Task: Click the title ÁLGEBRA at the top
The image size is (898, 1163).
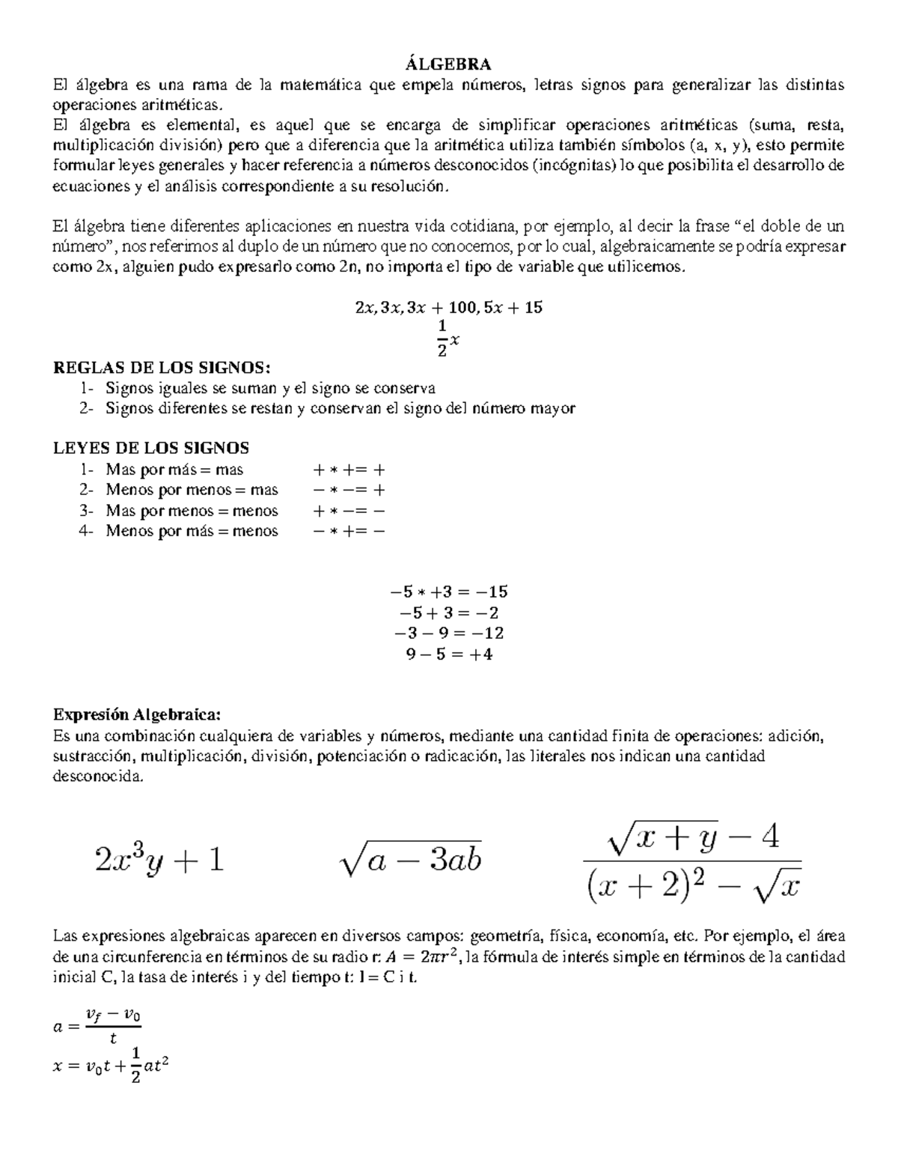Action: click(x=449, y=64)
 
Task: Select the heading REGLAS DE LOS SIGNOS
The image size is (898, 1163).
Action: click(x=160, y=368)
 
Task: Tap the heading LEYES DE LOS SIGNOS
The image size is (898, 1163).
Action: click(x=151, y=448)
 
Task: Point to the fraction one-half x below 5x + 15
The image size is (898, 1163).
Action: click(x=448, y=338)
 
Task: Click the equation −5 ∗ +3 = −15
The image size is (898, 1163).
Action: click(x=449, y=592)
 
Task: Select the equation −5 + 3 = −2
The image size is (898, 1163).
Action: click(x=449, y=613)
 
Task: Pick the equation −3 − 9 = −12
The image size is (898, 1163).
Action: click(x=449, y=633)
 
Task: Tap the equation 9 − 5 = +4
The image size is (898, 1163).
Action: click(x=449, y=654)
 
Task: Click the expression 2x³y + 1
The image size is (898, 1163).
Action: click(x=159, y=860)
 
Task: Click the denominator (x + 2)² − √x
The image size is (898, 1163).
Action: click(x=692, y=887)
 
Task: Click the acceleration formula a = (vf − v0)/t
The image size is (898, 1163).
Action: click(x=98, y=1027)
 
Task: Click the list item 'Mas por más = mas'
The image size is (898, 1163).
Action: click(x=174, y=470)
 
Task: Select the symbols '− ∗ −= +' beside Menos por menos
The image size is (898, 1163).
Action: click(x=349, y=491)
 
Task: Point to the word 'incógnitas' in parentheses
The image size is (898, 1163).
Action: click(x=576, y=166)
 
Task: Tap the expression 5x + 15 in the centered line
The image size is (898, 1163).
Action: click(x=513, y=307)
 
